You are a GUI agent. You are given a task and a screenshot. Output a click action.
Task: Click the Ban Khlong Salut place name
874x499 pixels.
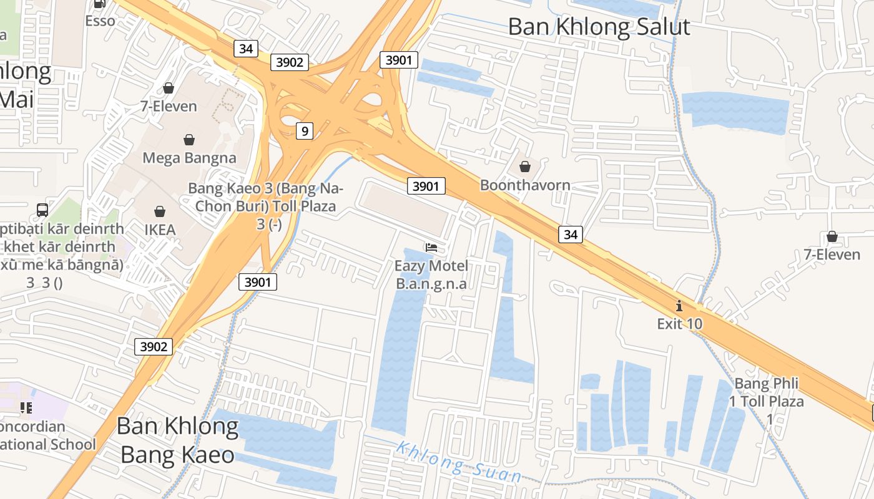(599, 27)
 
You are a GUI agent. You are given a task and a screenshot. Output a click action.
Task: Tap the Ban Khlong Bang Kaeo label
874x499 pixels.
(177, 440)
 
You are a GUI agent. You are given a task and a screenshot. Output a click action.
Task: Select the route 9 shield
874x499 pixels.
(304, 130)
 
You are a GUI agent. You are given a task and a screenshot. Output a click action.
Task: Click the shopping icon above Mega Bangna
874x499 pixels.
(189, 140)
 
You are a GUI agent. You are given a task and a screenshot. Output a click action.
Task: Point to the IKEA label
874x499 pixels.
(160, 230)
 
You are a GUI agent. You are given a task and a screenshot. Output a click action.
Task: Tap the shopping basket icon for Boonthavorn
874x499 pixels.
(525, 167)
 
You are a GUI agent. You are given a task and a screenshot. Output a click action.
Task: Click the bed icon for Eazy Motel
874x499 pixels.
(431, 248)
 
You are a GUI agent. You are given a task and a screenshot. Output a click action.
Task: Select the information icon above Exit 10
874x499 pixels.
(679, 306)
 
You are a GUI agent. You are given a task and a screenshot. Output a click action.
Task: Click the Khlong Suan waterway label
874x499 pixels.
(459, 462)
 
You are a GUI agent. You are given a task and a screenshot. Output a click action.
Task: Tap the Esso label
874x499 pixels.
(101, 21)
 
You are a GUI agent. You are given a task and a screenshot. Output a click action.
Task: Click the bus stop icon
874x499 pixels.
(42, 210)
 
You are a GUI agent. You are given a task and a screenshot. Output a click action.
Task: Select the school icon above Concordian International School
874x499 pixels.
(26, 408)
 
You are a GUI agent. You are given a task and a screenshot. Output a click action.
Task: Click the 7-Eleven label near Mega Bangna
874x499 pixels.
(169, 106)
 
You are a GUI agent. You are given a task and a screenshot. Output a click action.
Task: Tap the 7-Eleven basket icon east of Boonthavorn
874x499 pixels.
(832, 236)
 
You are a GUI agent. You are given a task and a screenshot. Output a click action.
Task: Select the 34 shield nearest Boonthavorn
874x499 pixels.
(570, 234)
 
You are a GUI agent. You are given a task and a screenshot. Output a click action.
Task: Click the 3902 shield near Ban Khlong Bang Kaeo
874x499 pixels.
(154, 346)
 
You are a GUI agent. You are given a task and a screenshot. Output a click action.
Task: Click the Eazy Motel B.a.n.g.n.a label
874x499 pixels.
(431, 274)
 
